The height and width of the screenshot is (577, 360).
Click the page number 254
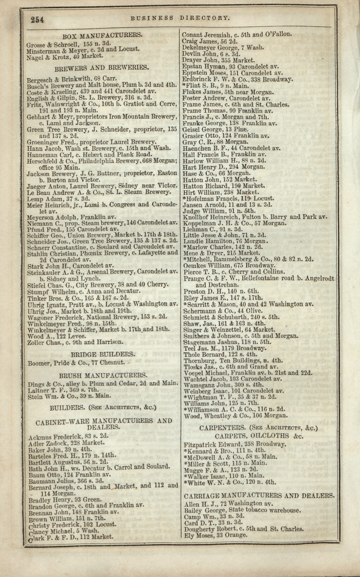[x=38, y=20]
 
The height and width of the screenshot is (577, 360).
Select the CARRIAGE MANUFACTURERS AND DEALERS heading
[x=259, y=495]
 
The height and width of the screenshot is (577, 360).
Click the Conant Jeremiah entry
[x=237, y=34]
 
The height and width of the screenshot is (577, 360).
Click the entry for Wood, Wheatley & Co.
[x=236, y=415]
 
